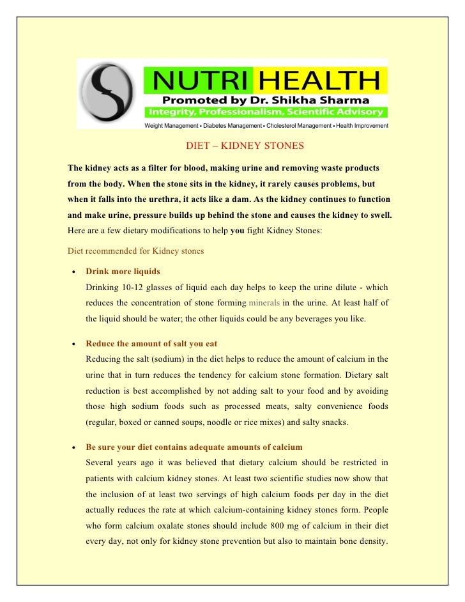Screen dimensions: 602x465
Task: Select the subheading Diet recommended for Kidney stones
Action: (x=135, y=251)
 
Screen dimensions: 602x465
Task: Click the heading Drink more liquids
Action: (x=123, y=272)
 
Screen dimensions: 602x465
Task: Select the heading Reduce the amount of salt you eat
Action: (x=156, y=344)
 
